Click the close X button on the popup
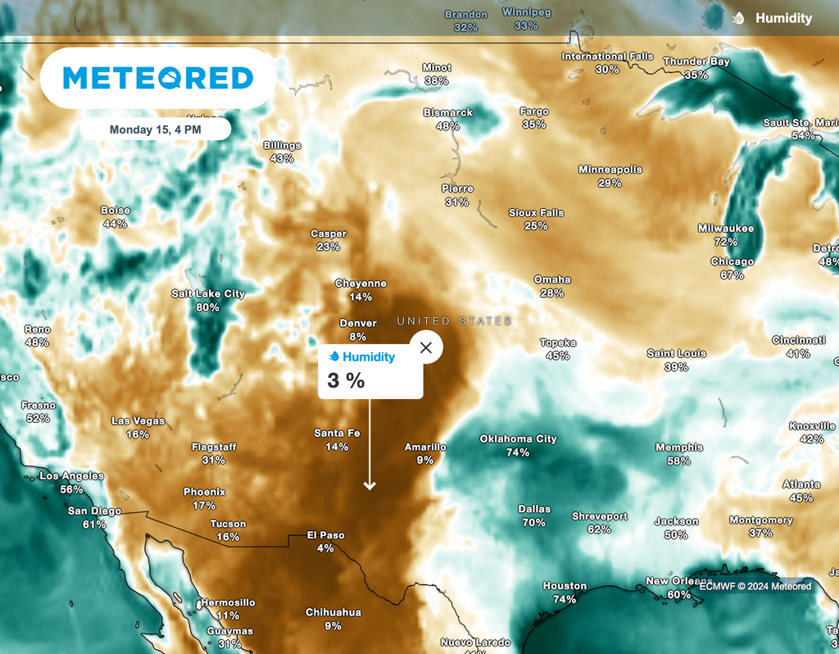pos(426,347)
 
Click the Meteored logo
pos(158,78)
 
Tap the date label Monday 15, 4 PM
pos(156,129)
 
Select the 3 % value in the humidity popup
pos(346,380)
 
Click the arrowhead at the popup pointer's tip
pos(370,486)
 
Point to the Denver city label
pos(357,323)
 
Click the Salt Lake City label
pos(208,293)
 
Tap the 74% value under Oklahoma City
pos(518,452)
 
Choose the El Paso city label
pos(325,535)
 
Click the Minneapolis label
pos(610,170)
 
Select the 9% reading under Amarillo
pos(424,461)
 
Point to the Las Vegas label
pos(138,421)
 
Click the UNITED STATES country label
pos(455,321)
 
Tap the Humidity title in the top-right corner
pos(783,18)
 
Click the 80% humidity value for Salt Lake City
pos(208,307)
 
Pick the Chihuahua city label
pos(333,612)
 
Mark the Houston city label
pos(565,586)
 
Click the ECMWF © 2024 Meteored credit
pos(754,586)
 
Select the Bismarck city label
pos(448,112)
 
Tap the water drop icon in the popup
pos(334,357)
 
